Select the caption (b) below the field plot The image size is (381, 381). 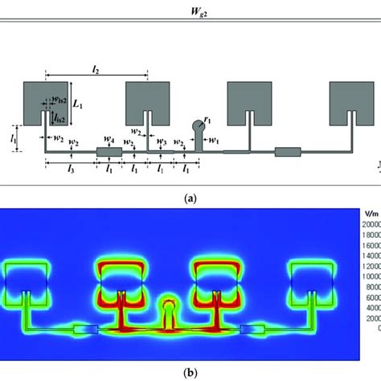(x=190, y=371)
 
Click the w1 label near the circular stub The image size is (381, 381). (x=214, y=139)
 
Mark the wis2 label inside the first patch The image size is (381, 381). (x=58, y=100)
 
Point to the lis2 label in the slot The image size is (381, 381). (x=59, y=117)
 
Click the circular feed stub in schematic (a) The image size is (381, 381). (x=197, y=125)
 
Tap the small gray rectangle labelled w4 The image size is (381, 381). (x=107, y=152)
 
